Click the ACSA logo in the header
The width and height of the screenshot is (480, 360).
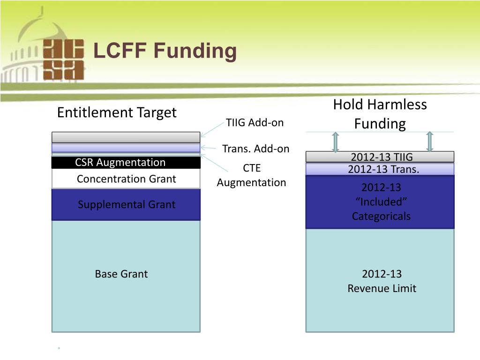click(64, 60)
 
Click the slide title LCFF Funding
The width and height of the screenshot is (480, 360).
click(165, 51)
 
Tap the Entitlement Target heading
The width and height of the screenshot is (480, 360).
click(117, 112)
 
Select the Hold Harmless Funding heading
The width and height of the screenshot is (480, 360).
click(380, 114)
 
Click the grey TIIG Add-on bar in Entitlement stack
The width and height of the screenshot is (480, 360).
click(126, 137)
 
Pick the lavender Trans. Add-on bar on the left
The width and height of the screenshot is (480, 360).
click(126, 148)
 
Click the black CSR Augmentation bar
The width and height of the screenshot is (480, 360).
click(126, 162)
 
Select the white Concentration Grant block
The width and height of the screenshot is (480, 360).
click(126, 179)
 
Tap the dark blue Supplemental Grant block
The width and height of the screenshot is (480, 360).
click(126, 204)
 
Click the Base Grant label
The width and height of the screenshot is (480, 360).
click(121, 274)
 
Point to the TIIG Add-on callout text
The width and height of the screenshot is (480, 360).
click(255, 122)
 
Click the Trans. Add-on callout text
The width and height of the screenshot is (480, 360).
click(256, 149)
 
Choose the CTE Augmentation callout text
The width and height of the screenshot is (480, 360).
click(251, 175)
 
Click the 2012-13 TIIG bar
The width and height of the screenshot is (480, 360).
click(380, 157)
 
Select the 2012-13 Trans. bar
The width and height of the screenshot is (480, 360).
click(380, 169)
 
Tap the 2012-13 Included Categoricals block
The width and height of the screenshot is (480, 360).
click(380, 202)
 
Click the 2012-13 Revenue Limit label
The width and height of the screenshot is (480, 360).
click(382, 281)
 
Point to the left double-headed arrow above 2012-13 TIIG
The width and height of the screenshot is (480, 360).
click(336, 142)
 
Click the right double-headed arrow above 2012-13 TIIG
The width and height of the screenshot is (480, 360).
click(429, 142)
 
